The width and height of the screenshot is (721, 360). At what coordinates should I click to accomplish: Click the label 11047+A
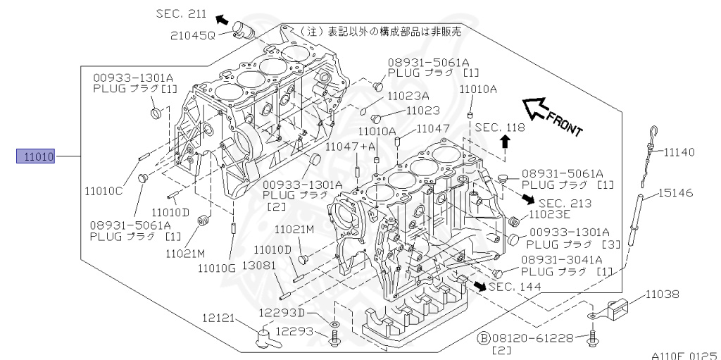pos(349,145)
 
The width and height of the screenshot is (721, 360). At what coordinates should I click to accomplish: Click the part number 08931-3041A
pos(562,260)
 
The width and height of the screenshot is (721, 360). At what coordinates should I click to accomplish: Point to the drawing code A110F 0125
pos(683,355)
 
